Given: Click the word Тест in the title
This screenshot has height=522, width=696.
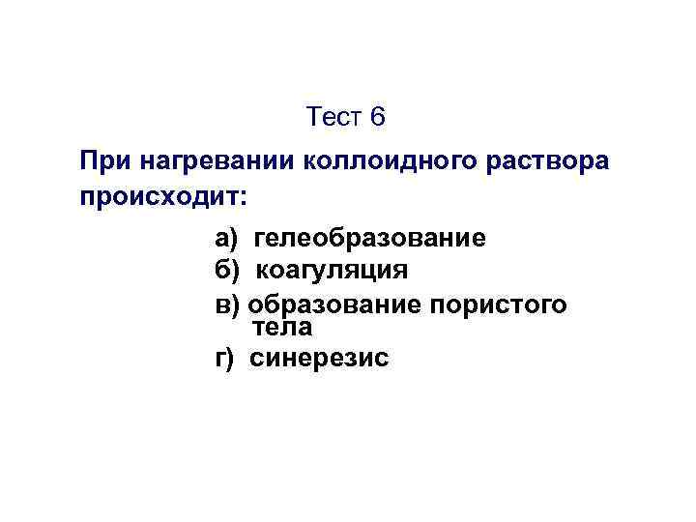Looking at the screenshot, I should (333, 117).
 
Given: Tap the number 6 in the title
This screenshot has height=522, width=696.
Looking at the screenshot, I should (377, 117).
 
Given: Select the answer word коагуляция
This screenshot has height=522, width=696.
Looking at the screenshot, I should (332, 268).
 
